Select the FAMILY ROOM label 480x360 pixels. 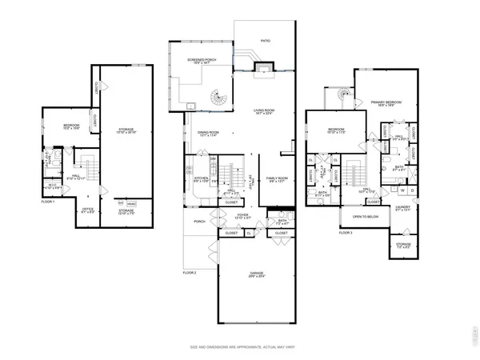[x=277, y=178]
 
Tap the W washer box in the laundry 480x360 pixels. [x=402, y=190]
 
